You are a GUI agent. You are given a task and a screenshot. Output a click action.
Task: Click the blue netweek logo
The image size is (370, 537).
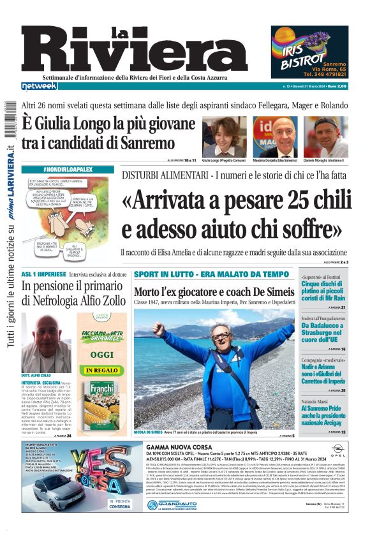[40, 86]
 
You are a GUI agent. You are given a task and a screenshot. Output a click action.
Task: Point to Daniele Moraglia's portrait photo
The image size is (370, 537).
[330, 136]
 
